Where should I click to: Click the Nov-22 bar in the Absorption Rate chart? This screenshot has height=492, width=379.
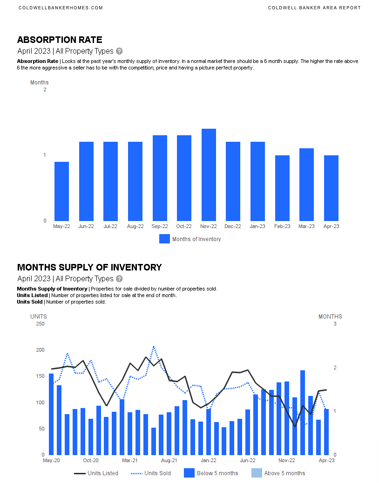[x=209, y=175]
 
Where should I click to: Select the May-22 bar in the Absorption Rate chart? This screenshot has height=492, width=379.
[x=61, y=191]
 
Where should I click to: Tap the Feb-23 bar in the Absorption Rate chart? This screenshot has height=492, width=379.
[x=282, y=188]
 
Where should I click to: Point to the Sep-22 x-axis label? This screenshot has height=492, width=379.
[x=160, y=227]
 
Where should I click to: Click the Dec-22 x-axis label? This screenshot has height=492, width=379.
[x=233, y=227]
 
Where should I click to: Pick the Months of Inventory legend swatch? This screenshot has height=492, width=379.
[x=164, y=239]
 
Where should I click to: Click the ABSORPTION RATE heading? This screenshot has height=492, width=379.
[x=60, y=40]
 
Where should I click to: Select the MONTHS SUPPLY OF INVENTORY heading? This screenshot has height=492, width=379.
[x=89, y=268]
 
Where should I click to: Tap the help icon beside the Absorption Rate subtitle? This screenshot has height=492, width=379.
[x=120, y=51]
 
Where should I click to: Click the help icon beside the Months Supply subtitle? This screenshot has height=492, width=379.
[x=120, y=279]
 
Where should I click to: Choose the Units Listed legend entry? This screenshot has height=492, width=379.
[x=96, y=473]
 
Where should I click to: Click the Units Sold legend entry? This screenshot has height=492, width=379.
[x=150, y=473]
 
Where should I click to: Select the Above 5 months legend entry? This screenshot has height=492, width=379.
[x=278, y=473]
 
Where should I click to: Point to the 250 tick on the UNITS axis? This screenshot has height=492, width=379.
[x=40, y=324]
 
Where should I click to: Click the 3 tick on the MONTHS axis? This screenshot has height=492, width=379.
[x=335, y=324]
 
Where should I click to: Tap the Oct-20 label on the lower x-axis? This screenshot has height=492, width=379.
[x=90, y=460]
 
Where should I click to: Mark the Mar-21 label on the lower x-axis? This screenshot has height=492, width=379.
[x=129, y=460]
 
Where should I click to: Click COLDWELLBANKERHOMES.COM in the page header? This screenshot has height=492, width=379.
[x=61, y=8]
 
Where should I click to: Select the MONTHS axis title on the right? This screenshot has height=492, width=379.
[x=330, y=317]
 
